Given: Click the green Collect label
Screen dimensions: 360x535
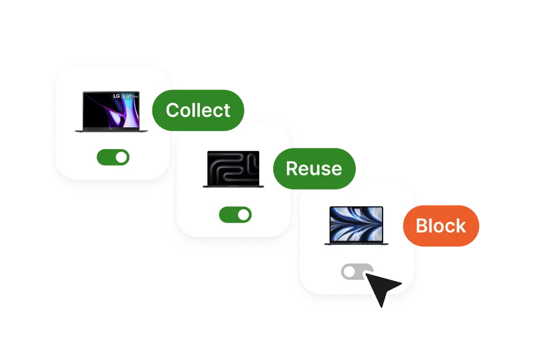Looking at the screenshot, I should (x=198, y=111).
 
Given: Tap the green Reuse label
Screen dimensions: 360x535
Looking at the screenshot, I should (x=314, y=168).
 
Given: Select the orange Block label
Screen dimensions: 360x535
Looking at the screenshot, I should (x=441, y=226).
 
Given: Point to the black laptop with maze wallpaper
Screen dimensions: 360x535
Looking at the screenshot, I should (x=232, y=169).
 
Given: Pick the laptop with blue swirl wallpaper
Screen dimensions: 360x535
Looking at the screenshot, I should (x=356, y=225).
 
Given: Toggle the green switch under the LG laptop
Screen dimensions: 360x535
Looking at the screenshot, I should (x=113, y=157).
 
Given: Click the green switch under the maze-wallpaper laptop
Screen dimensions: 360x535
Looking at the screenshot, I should (x=235, y=215).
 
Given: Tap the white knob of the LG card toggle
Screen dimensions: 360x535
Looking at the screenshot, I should (x=121, y=157).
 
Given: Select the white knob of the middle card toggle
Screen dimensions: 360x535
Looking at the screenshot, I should (x=243, y=215).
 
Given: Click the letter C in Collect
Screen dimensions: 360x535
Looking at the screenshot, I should (x=172, y=111).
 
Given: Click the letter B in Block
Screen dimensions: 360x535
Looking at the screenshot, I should (x=422, y=226).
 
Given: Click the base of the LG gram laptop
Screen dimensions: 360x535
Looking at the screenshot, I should (x=112, y=131).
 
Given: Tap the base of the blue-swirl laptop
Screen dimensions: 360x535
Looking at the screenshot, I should (x=356, y=244).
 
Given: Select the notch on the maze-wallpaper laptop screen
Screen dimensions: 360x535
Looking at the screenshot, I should (x=232, y=152).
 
